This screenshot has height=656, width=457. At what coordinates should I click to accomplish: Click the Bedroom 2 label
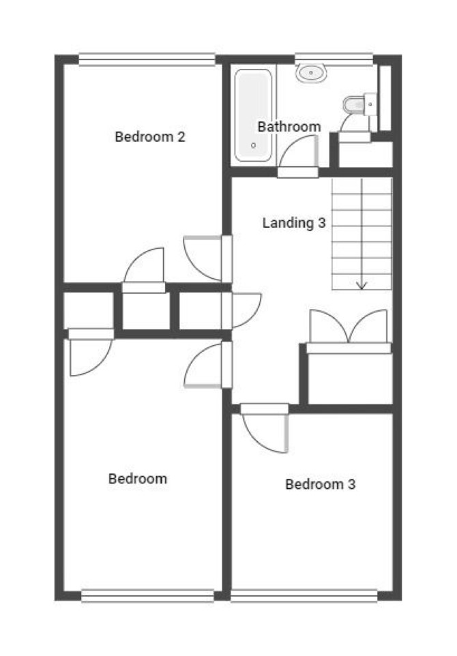click(150, 137)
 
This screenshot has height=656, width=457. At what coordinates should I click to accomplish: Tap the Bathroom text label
click(289, 126)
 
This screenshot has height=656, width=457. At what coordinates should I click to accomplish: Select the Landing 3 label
click(294, 223)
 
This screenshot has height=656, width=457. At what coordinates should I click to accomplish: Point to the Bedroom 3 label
click(320, 484)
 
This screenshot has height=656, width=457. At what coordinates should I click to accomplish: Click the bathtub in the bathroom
click(253, 116)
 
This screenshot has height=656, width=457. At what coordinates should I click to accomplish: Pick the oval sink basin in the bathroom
click(311, 73)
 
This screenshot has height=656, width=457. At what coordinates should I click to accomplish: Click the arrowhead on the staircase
click(361, 286)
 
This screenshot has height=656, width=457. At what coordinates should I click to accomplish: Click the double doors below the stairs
click(348, 327)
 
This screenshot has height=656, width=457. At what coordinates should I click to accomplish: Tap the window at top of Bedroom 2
click(147, 59)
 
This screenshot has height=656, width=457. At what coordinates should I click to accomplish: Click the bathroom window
click(334, 59)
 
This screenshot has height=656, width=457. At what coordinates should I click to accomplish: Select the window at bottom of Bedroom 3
click(304, 596)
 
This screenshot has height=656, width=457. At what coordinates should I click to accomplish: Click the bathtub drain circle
click(253, 146)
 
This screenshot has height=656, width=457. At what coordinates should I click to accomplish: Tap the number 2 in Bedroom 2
click(181, 137)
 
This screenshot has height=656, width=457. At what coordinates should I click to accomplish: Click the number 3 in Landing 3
click(321, 222)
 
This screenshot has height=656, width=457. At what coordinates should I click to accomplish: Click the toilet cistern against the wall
click(371, 104)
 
